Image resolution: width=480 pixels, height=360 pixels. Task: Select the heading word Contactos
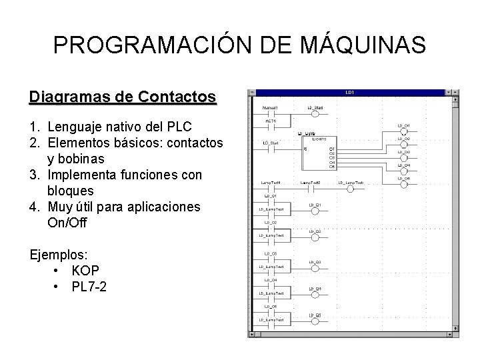[x=176, y=97]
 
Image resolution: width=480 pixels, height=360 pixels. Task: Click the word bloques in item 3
[x=71, y=191]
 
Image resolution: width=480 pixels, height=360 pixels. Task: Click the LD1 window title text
[x=350, y=92]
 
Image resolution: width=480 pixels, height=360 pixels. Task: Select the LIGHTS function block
[x=319, y=152]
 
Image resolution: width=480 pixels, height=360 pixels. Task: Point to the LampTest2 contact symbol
[x=310, y=189]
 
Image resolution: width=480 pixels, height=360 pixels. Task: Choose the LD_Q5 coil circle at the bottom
[x=315, y=321]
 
